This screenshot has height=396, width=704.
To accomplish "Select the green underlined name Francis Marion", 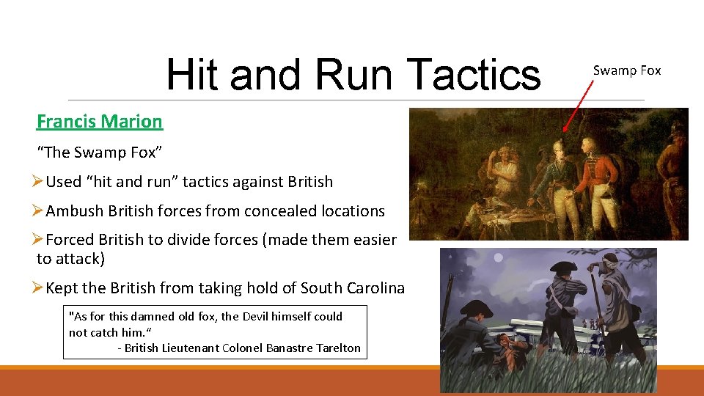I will (100, 121).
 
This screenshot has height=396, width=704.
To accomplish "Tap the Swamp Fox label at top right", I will (627, 70).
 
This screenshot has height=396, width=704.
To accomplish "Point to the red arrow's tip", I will (564, 131).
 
